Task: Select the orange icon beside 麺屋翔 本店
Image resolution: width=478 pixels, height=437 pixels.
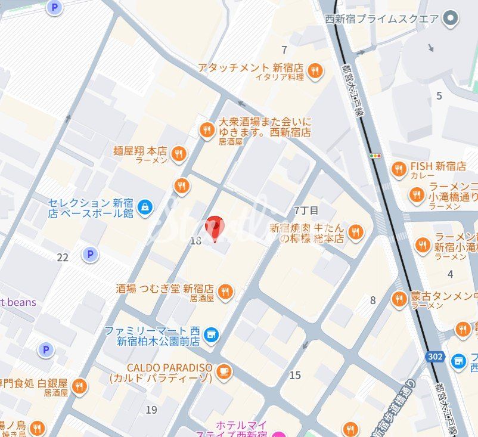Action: click(x=178, y=155)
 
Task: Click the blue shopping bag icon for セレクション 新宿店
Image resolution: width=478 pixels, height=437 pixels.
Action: click(x=144, y=207)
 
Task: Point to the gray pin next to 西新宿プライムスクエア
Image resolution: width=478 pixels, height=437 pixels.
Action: click(x=452, y=19)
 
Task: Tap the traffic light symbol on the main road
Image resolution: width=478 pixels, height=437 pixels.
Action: click(x=375, y=156)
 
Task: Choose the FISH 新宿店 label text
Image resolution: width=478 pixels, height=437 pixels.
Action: click(x=438, y=166)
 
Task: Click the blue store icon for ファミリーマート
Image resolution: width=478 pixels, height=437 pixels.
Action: click(x=210, y=335)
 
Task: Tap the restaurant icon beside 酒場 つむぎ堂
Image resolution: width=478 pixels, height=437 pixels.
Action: click(x=225, y=292)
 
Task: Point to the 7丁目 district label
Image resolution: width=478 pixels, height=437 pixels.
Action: click(x=306, y=210)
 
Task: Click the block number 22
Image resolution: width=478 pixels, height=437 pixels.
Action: click(x=63, y=257)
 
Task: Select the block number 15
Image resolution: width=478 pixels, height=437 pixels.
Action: click(x=295, y=375)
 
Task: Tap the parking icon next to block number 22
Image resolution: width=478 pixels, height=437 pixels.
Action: click(x=90, y=255)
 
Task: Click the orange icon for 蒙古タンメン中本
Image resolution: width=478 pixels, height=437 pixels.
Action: click(x=399, y=299)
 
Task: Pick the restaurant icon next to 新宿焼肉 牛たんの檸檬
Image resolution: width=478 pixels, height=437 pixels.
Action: click(x=356, y=232)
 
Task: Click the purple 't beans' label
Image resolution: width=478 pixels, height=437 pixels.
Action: click(x=18, y=302)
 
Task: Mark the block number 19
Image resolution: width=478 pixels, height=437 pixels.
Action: click(x=151, y=410)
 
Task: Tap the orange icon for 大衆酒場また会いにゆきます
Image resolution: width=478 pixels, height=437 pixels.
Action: click(x=207, y=130)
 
